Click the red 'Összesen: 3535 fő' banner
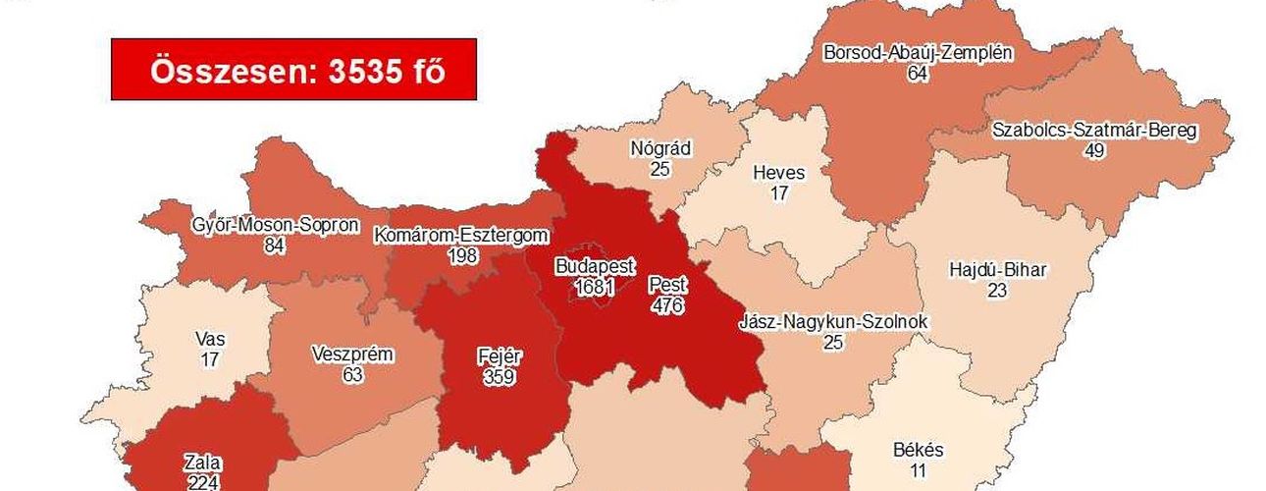[x=293, y=70]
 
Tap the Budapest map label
[x=595, y=266]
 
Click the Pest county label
[x=667, y=286]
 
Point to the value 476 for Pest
[x=667, y=305]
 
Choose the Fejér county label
[x=500, y=355]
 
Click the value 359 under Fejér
[x=500, y=375]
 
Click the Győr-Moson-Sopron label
[x=275, y=225]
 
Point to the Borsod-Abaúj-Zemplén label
[x=919, y=53]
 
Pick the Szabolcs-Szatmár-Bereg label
[x=1094, y=131]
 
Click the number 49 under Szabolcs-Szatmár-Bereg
[x=1094, y=150]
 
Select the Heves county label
[x=778, y=174]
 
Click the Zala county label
[x=202, y=463]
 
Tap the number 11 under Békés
[x=919, y=470]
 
